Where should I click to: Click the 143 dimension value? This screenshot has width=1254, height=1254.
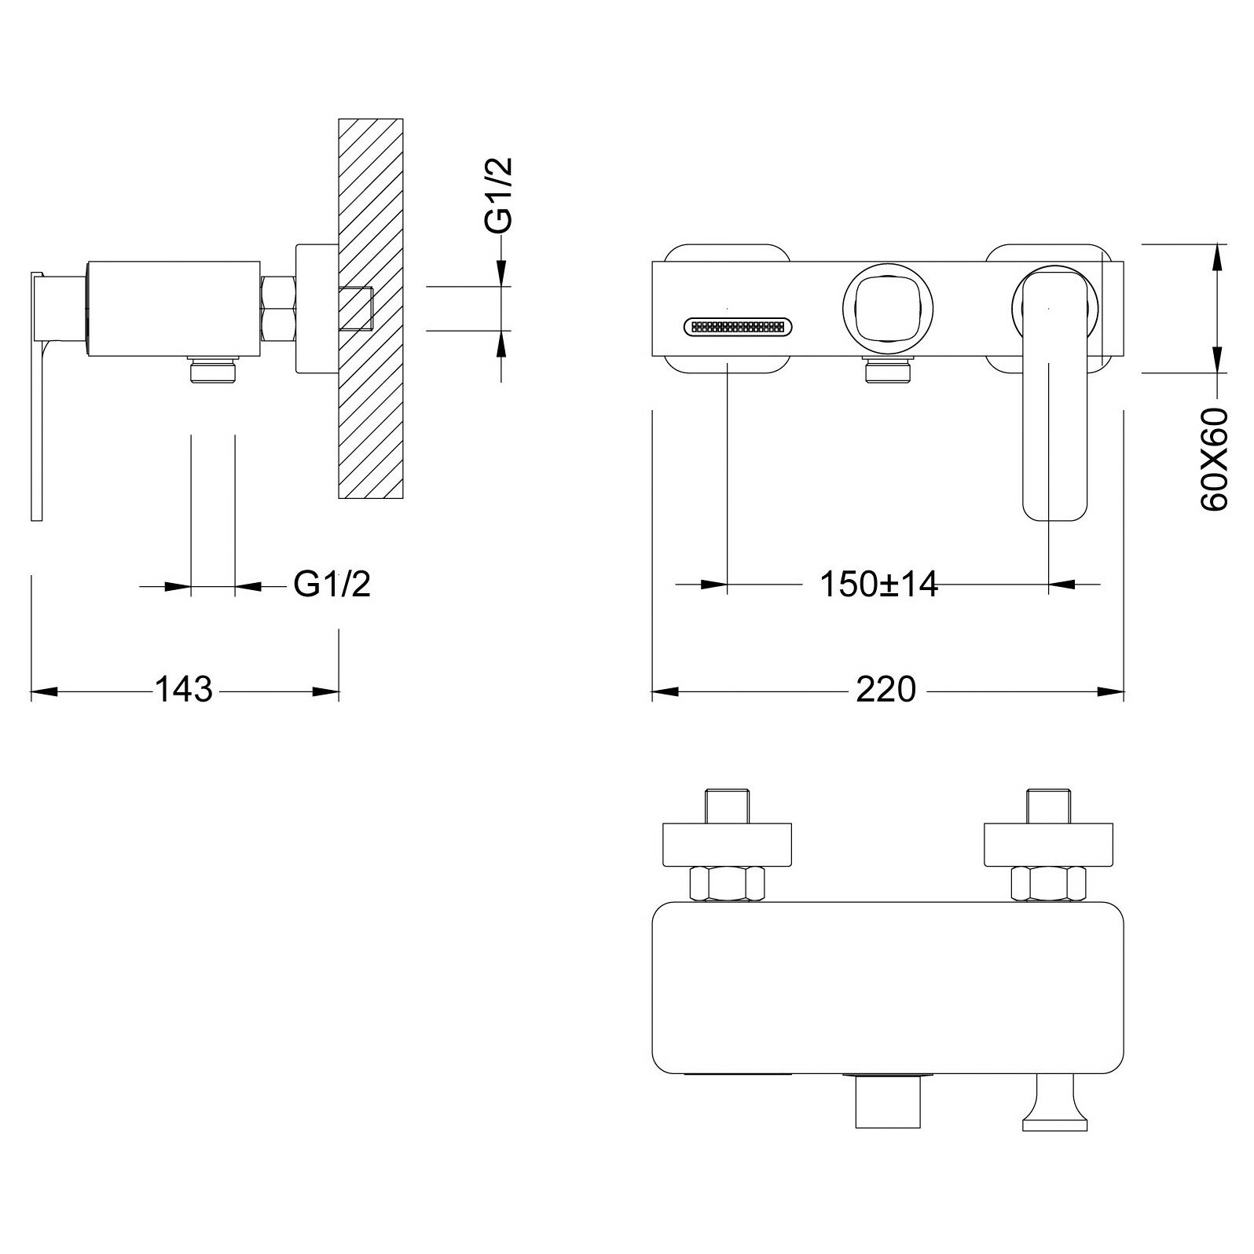(x=183, y=690)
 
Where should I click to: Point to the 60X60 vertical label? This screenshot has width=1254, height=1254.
(x=1214, y=460)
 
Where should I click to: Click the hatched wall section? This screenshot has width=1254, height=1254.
(x=370, y=393)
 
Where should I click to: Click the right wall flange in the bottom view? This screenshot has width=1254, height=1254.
(x=1048, y=844)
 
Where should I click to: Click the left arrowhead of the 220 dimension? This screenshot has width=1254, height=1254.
(x=665, y=691)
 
